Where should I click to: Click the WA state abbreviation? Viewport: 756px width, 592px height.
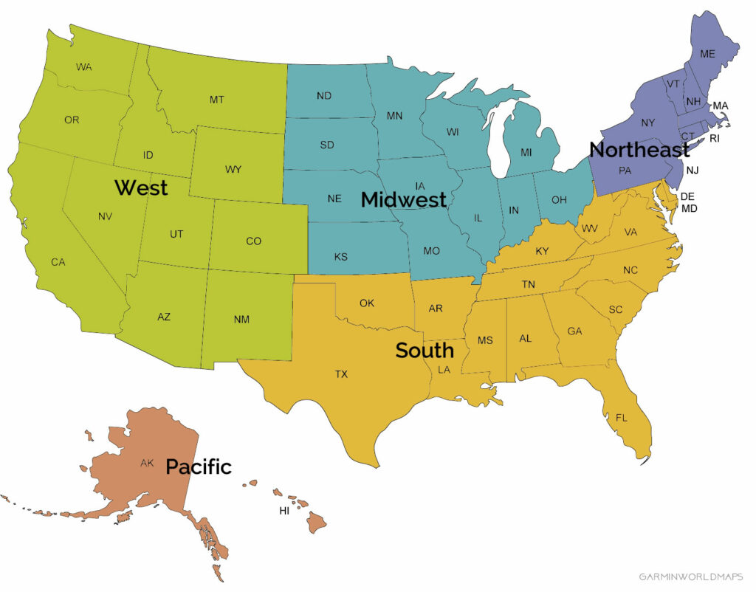(83, 67)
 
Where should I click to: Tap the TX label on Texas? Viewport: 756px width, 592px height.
(341, 374)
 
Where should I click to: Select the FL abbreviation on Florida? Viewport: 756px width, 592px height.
(622, 418)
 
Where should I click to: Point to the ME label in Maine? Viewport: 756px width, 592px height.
(707, 54)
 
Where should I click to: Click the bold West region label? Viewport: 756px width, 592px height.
(141, 187)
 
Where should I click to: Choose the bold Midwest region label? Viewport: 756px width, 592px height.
(403, 199)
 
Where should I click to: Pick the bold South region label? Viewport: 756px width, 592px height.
(424, 351)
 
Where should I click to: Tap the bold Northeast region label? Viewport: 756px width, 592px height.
(639, 150)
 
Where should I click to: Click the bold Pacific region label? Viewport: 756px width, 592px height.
(198, 467)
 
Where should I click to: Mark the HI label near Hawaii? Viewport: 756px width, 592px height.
(284, 511)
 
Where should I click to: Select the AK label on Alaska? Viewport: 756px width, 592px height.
(147, 464)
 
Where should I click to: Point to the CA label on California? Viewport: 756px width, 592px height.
(58, 262)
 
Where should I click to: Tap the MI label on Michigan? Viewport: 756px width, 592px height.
(526, 152)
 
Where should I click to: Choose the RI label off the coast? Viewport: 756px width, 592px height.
(714, 138)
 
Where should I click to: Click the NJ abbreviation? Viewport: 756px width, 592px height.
(692, 171)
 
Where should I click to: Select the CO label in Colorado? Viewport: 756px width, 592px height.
(253, 241)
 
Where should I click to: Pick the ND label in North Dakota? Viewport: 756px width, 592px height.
(323, 96)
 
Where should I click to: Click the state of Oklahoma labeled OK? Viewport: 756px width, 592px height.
(367, 303)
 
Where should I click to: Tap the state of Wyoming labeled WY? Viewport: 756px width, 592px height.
(233, 170)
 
